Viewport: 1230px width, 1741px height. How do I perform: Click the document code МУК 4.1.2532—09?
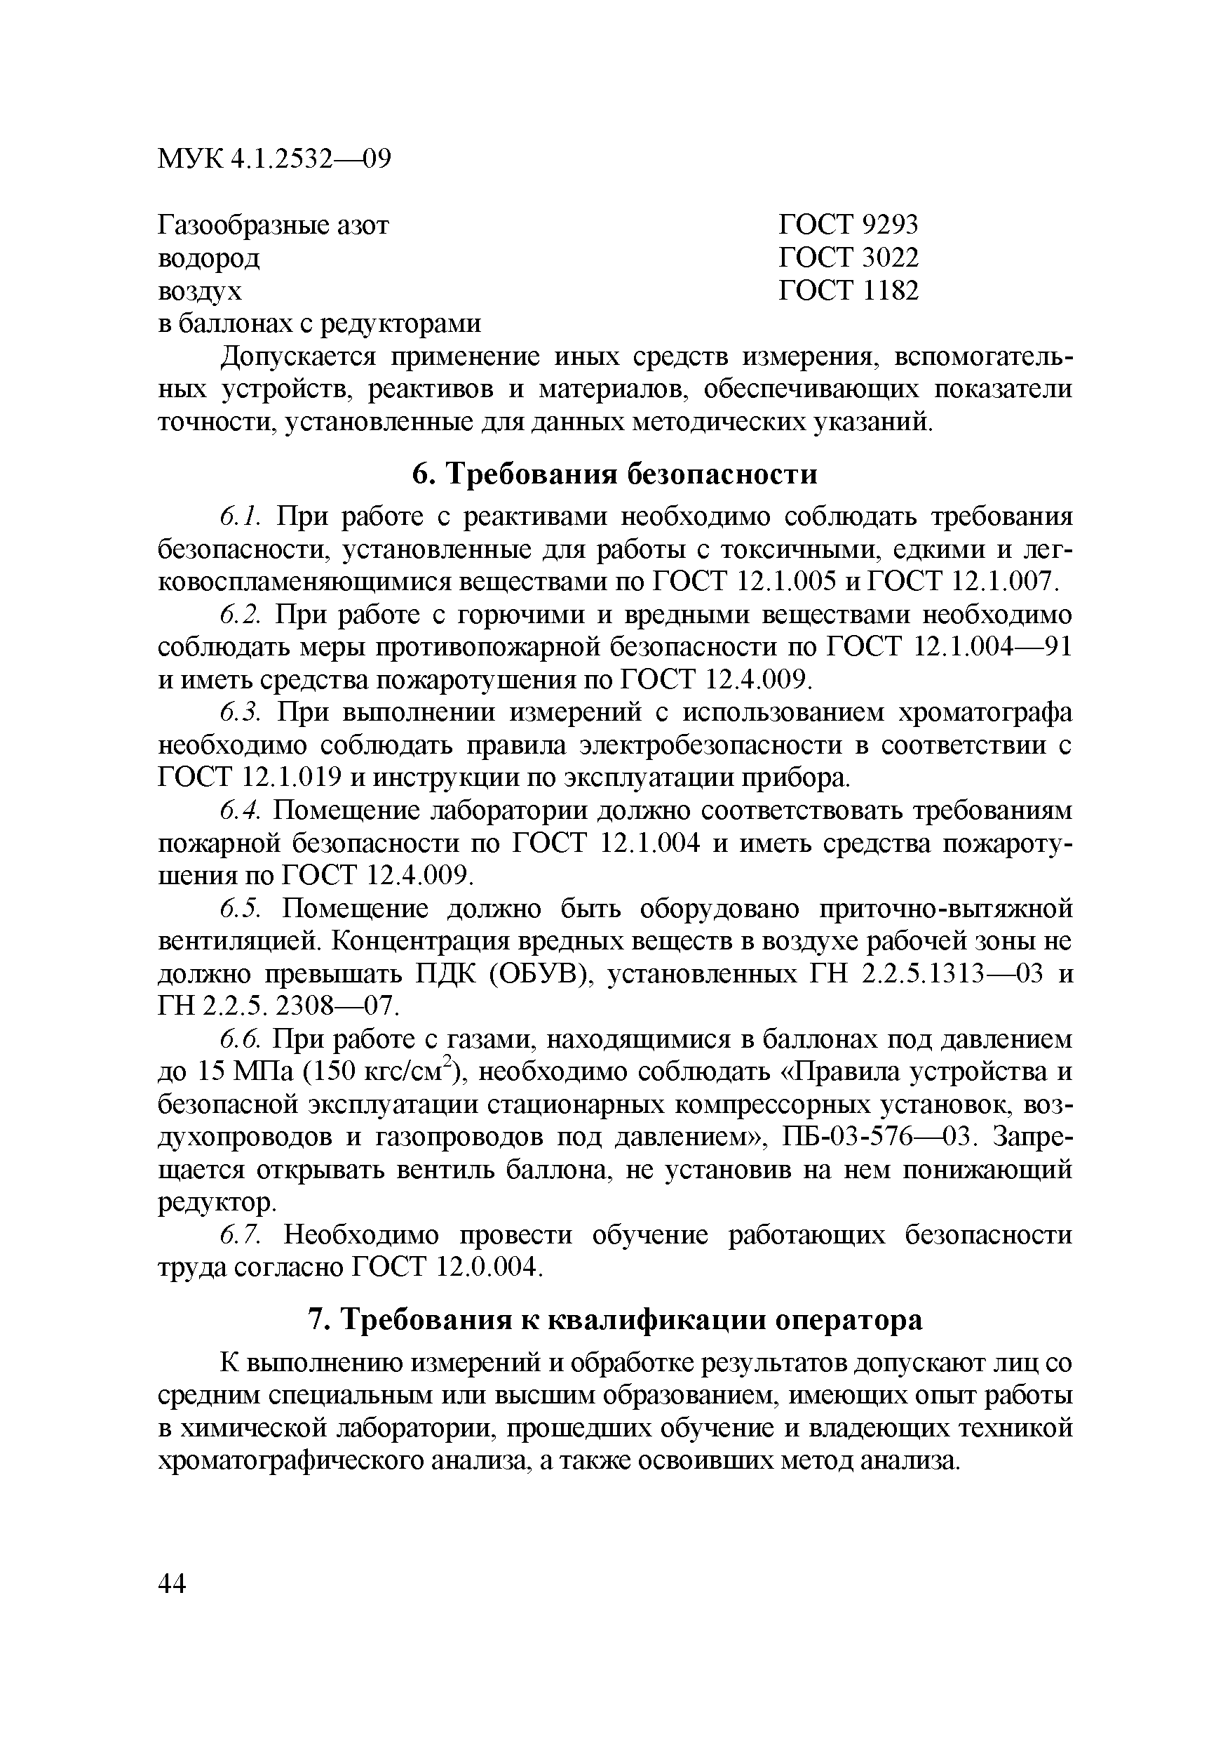tap(273, 159)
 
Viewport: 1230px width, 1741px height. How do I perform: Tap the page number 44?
tap(172, 1583)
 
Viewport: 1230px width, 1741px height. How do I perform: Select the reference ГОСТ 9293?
tap(848, 225)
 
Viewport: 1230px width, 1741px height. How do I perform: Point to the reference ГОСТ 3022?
tap(848, 258)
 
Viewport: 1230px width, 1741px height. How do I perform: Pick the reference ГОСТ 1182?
tap(848, 291)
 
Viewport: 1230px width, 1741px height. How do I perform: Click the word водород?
tap(208, 258)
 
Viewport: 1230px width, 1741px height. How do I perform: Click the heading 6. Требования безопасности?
tap(614, 474)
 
